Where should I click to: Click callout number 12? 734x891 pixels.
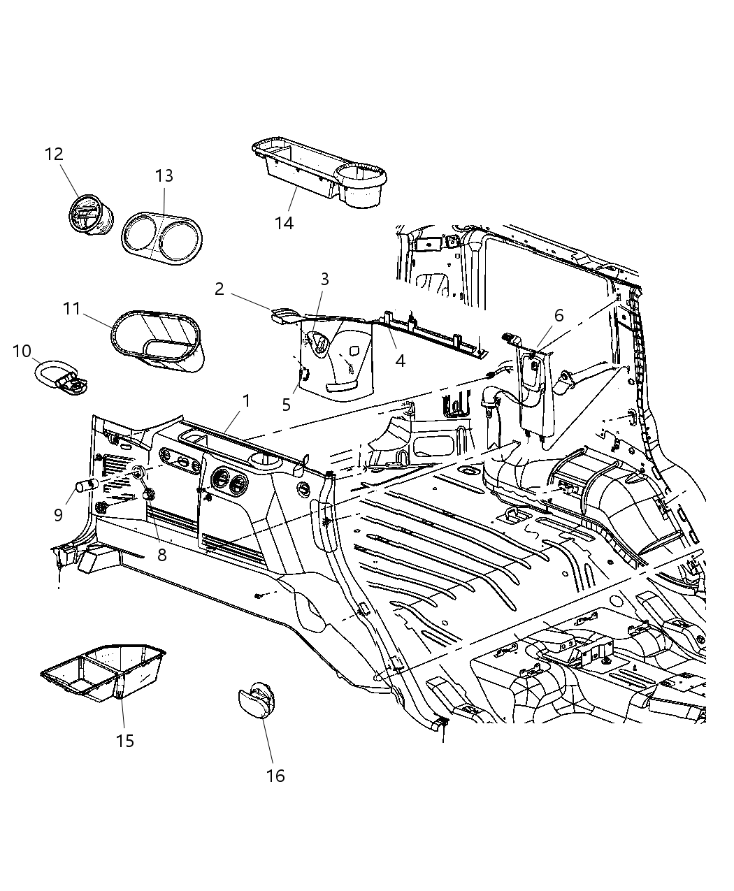tap(54, 154)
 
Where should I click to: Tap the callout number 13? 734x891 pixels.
tap(164, 175)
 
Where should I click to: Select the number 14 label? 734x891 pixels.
tap(284, 223)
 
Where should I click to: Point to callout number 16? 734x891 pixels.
tap(276, 776)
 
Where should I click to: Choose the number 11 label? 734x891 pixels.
tap(73, 308)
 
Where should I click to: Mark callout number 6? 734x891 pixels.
tap(559, 315)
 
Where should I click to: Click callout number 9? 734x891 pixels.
tap(58, 515)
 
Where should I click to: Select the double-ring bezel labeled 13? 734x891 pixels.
tap(161, 239)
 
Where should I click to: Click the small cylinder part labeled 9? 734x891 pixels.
tap(87, 486)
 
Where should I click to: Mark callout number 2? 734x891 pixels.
tap(219, 288)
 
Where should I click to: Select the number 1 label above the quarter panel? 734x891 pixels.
tap(245, 400)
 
